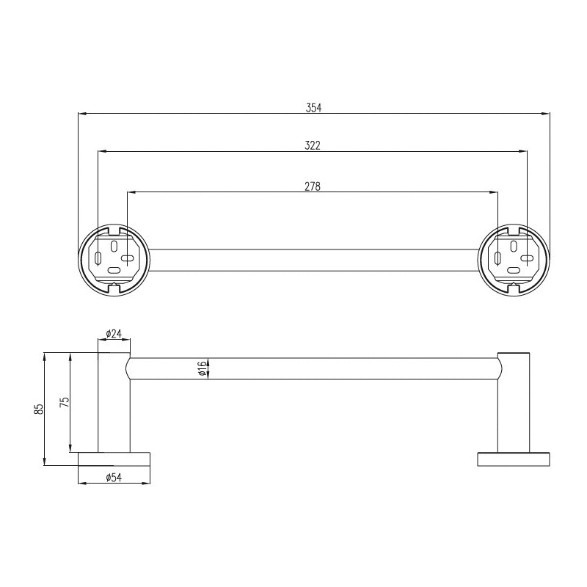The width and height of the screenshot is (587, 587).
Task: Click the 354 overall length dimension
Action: tap(313, 108)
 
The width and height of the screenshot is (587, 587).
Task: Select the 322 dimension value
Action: tap(313, 145)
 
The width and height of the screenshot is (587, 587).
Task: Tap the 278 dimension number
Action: tap(313, 186)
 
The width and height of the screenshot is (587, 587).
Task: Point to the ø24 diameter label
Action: tap(114, 333)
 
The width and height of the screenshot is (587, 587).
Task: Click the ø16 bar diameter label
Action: tap(202, 369)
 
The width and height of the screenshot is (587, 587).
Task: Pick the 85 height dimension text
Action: tap(39, 409)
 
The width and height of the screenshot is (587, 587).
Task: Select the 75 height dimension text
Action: tap(65, 402)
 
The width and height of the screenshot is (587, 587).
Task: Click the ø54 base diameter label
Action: tap(114, 478)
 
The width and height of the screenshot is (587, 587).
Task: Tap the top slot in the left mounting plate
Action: tap(114, 246)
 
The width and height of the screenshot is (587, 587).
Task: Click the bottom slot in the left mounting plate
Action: tap(114, 270)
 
